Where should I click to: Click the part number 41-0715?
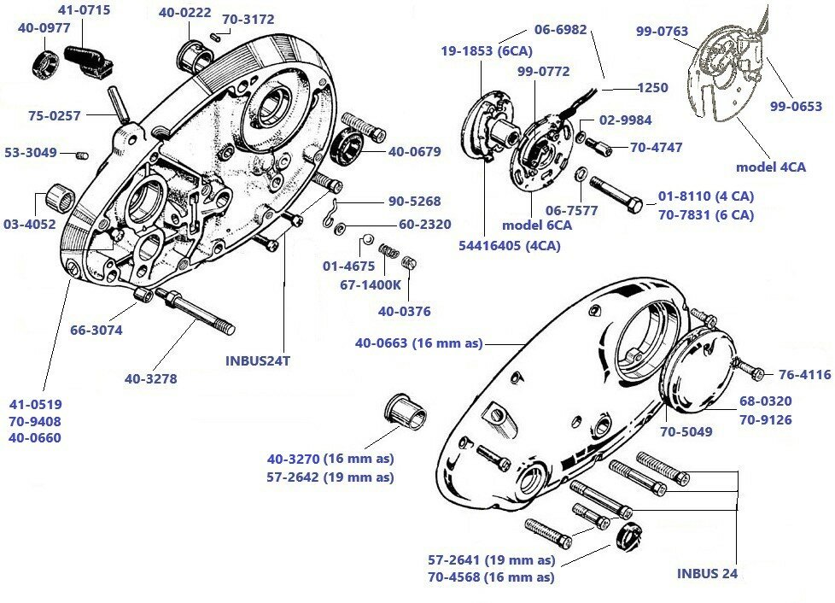point(84,11)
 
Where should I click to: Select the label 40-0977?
point(43,27)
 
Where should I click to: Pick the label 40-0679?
point(414,152)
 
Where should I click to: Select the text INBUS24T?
point(258,360)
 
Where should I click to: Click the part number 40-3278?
point(150,378)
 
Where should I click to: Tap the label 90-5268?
point(415,202)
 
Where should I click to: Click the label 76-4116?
point(804,373)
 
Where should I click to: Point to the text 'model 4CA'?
point(770,167)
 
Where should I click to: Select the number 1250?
point(653,87)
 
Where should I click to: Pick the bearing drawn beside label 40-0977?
point(44,64)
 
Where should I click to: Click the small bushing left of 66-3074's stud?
point(143,296)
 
